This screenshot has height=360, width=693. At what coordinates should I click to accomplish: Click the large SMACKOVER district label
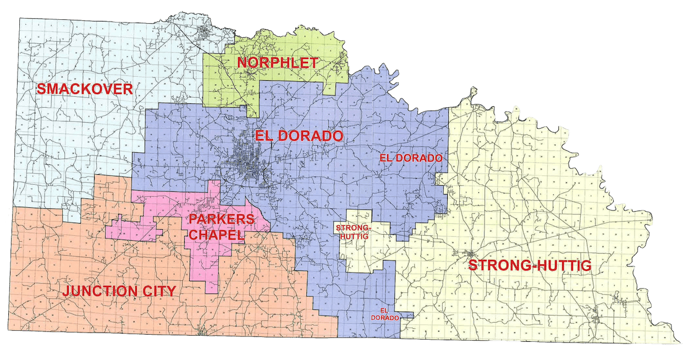click(84, 89)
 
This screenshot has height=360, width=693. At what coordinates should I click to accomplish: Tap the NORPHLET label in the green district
click(277, 63)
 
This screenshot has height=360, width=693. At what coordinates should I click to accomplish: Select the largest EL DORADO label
click(299, 136)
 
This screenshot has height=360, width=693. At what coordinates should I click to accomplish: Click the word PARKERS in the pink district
click(222, 219)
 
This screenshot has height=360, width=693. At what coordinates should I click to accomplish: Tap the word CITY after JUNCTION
click(161, 291)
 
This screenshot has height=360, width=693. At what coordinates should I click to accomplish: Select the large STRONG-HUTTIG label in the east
click(529, 266)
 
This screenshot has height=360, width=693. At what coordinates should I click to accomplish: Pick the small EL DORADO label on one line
click(411, 158)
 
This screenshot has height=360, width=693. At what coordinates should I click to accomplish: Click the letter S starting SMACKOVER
click(41, 89)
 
